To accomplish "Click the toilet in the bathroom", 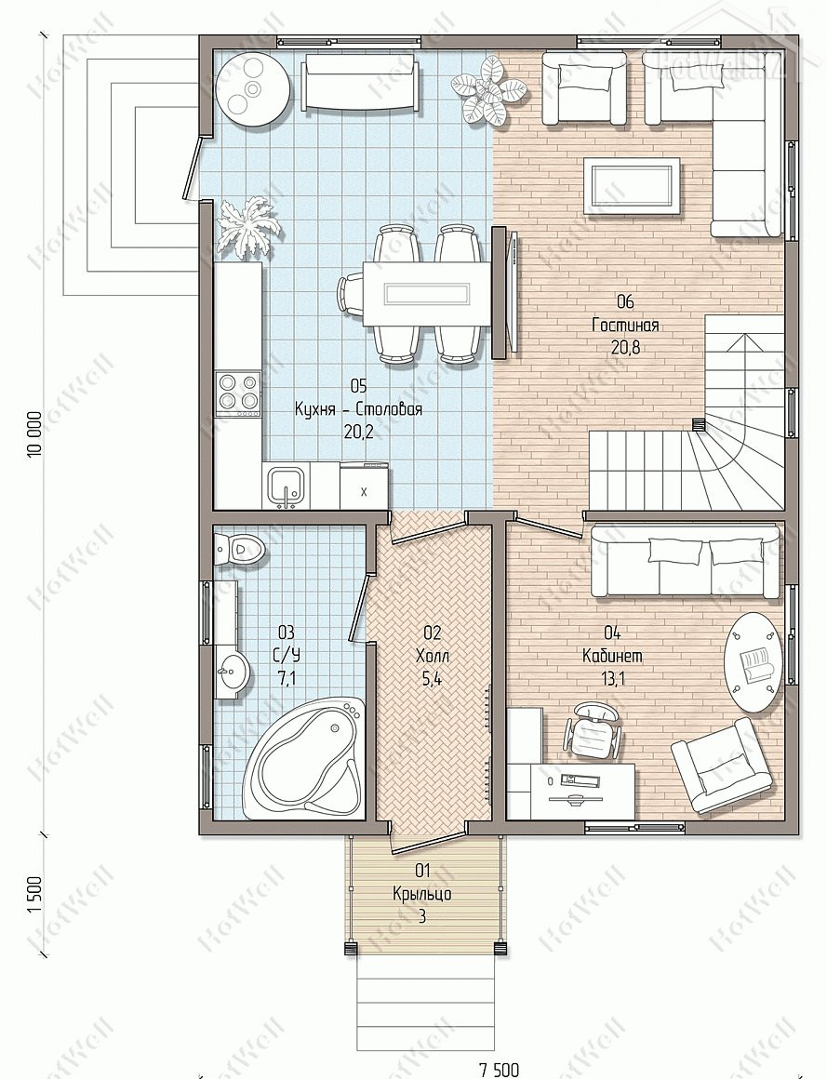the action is (239, 549).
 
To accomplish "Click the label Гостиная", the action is (625, 325).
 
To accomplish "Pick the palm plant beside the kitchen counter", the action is (249, 227).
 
